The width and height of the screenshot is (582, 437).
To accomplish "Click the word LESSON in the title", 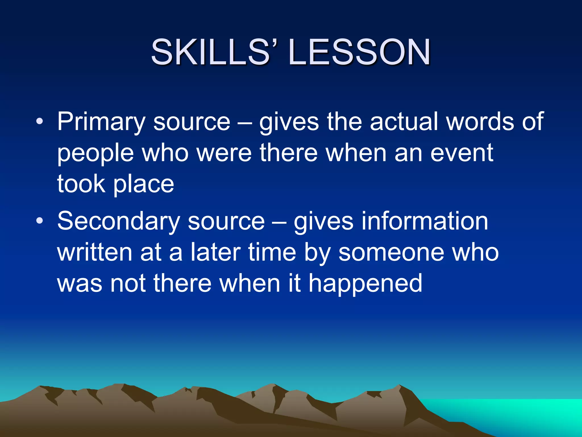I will [359, 52].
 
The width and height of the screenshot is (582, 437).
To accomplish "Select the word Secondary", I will [118, 221].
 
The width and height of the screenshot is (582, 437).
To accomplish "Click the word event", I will [462, 153].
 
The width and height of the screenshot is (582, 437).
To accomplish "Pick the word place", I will [144, 185].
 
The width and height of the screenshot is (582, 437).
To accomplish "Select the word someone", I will [391, 253].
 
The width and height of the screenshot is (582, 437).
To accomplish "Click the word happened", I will [365, 284].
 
